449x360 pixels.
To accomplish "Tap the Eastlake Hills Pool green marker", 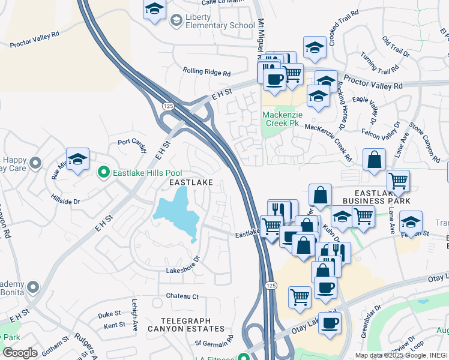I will pos(103,173).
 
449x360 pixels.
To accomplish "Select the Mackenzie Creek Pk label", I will pos(280,118).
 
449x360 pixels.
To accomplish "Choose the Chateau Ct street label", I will pos(182,296).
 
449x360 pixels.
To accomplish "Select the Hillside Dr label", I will pos(65,199).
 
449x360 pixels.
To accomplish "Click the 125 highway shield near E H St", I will pos(167,106).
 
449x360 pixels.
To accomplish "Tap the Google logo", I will pos(20,353).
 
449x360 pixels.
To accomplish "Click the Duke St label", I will pos(109,314).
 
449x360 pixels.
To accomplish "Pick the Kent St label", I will pos(114,325).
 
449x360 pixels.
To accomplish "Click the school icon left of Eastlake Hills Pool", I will pos(77,160).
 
